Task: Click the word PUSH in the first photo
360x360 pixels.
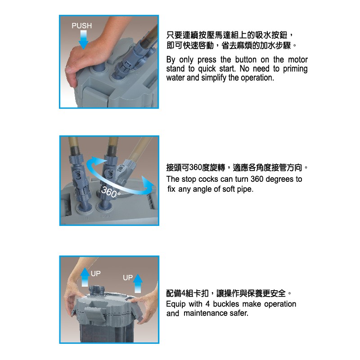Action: click(82, 26)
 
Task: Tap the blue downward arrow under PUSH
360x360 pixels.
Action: click(83, 40)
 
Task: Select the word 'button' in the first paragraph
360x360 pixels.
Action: click(246, 60)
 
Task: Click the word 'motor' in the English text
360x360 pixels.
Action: click(298, 60)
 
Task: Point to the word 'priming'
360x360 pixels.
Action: click(295, 69)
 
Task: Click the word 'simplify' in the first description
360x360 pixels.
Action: click(214, 78)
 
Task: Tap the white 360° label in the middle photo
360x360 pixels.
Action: click(111, 192)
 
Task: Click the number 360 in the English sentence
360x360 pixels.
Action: click(257, 179)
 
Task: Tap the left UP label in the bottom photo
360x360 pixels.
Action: click(95, 274)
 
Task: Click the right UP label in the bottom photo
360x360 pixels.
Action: click(128, 278)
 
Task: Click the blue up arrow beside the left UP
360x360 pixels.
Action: click(85, 277)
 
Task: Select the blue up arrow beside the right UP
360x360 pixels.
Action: click(138, 283)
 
